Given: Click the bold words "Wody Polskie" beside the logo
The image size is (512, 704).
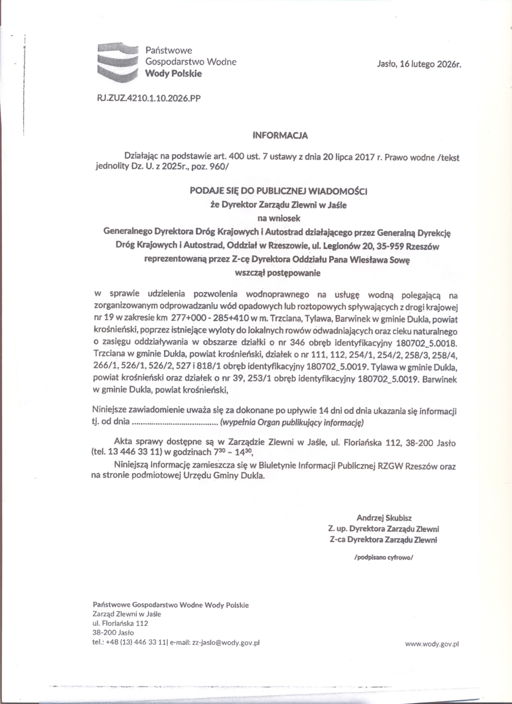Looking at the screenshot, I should (x=174, y=74).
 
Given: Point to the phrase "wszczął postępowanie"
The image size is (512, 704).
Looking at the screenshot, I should (x=278, y=273).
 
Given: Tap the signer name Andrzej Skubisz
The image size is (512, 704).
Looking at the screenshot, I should (x=384, y=518).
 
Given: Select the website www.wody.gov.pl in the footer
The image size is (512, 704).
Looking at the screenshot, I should (x=432, y=644).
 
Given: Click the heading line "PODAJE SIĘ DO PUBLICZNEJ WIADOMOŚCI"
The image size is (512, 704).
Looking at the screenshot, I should (x=278, y=191).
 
